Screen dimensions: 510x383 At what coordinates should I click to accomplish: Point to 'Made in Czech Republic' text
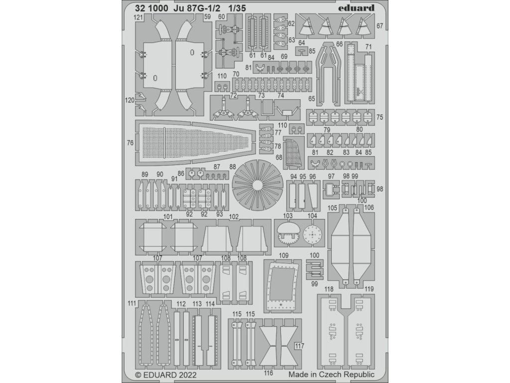[330, 373]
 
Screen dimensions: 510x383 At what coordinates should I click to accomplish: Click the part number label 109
[283, 256]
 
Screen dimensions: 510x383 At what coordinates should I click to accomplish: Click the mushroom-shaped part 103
[288, 233]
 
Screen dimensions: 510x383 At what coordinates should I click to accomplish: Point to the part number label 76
[130, 143]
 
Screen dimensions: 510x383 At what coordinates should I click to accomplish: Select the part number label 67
[380, 26]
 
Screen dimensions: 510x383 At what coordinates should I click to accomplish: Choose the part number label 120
[129, 100]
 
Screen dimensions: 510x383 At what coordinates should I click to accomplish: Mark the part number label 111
[131, 303]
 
